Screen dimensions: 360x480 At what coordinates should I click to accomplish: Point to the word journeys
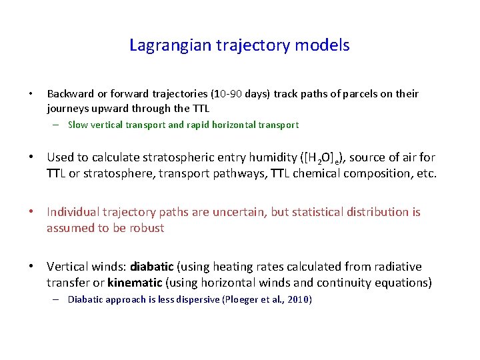click(x=67, y=108)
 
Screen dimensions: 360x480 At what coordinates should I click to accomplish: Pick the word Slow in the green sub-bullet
click(x=78, y=125)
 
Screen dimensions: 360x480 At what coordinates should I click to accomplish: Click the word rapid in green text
click(x=198, y=125)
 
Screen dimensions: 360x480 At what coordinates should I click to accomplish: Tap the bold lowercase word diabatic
click(x=152, y=267)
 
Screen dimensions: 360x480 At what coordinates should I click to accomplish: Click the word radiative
click(x=397, y=267)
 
